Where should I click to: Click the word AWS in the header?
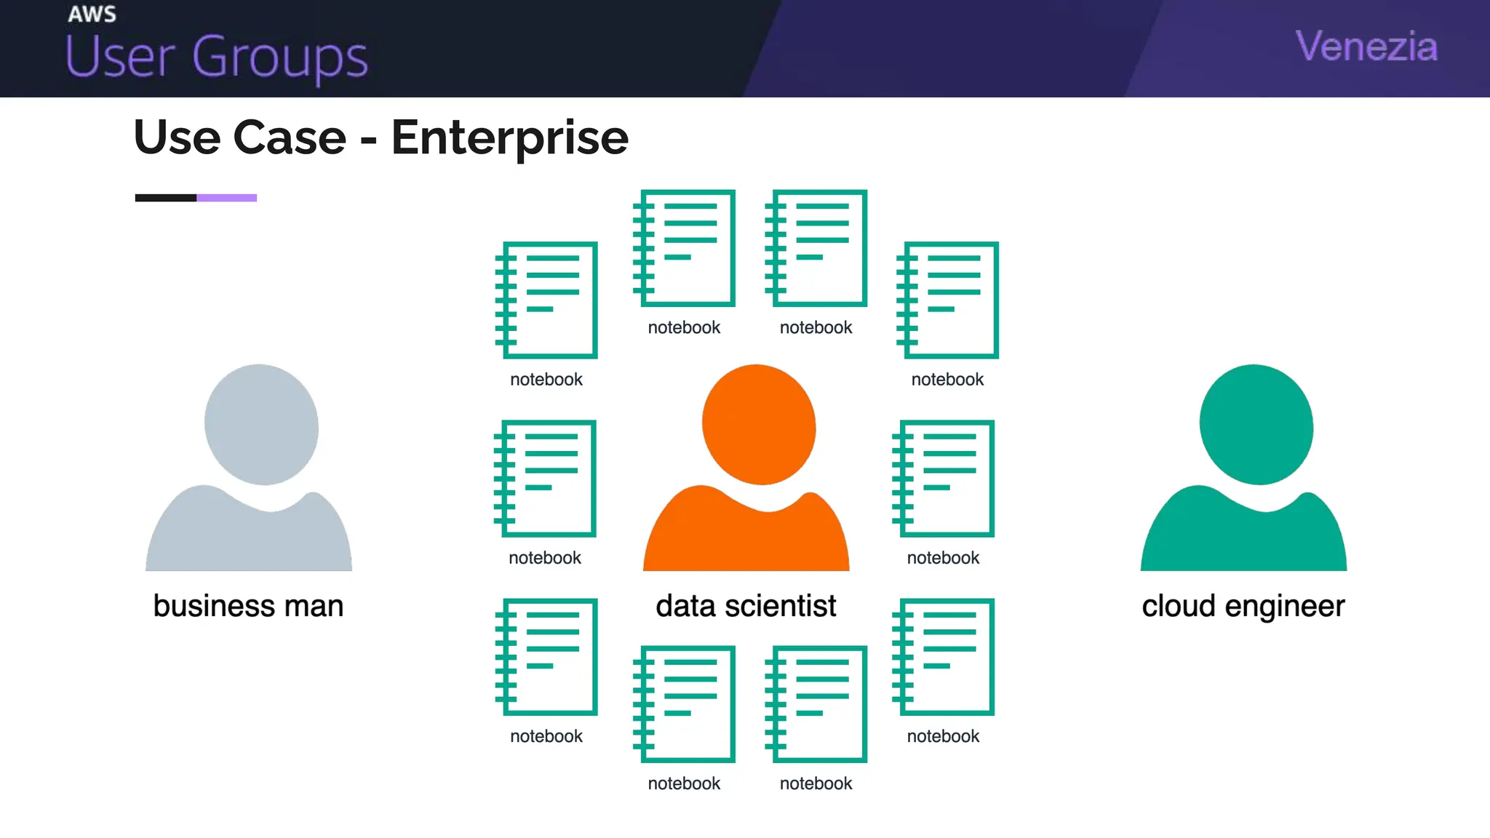pyautogui.click(x=92, y=15)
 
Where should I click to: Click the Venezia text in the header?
pyautogui.click(x=1366, y=47)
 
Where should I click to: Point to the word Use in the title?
pyautogui.click(x=177, y=137)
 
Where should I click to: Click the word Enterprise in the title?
pyautogui.click(x=509, y=138)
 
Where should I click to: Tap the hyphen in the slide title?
pyautogui.click(x=369, y=139)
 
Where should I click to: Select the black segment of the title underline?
pyautogui.click(x=166, y=198)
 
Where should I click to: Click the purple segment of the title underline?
pyautogui.click(x=226, y=198)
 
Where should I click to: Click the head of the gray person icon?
pyautogui.click(x=261, y=425)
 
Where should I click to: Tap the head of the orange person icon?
pyautogui.click(x=759, y=425)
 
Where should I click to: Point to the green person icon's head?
pyautogui.click(x=1256, y=425)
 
